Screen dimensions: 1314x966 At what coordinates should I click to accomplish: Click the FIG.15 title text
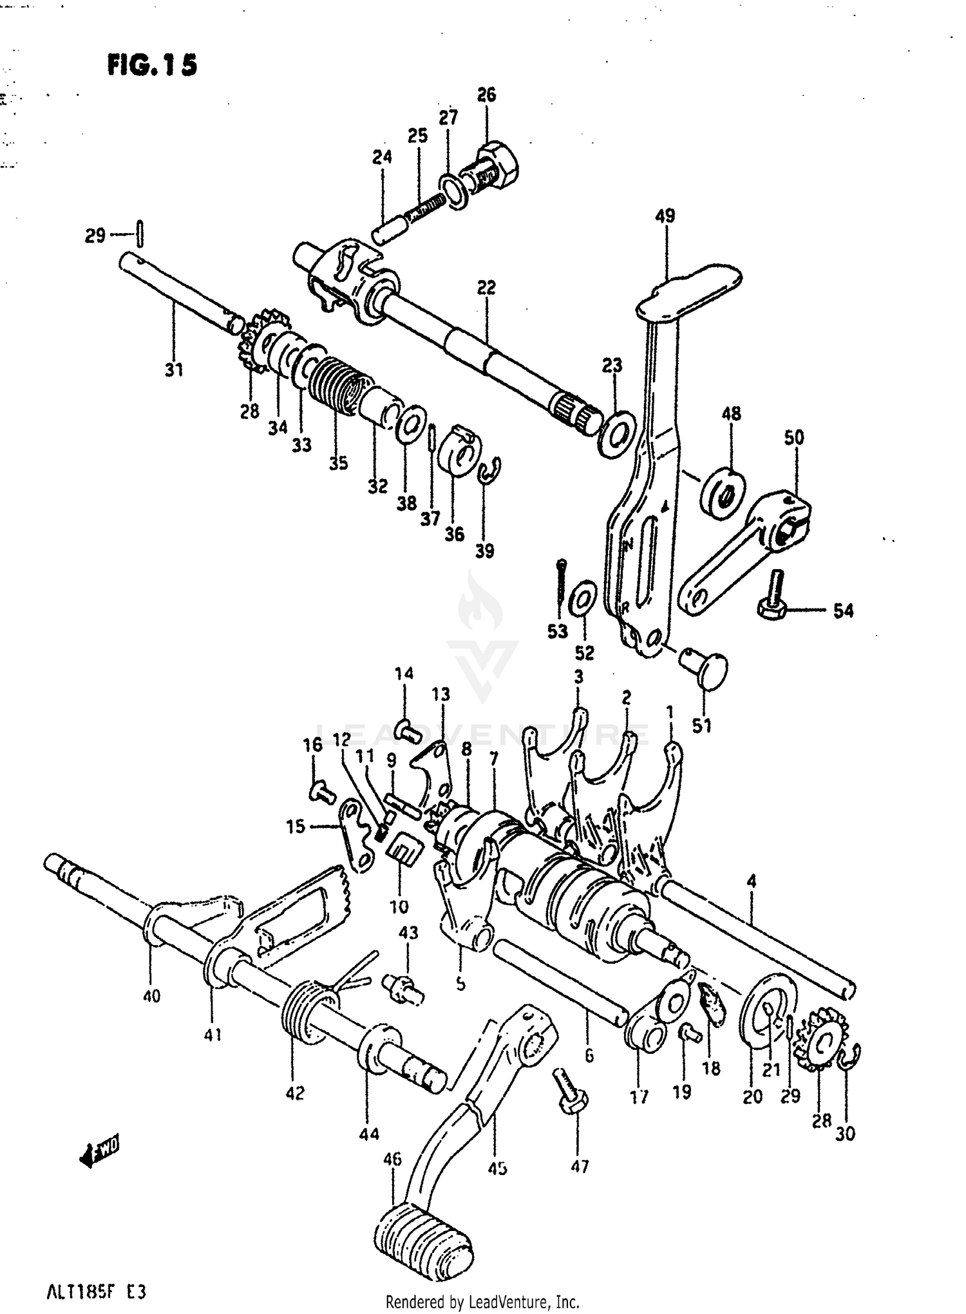tap(152, 66)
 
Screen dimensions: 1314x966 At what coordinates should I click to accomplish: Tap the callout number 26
tap(486, 95)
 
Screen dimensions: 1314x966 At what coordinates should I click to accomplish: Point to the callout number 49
tap(665, 216)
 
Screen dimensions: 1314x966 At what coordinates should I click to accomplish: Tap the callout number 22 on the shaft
tap(486, 287)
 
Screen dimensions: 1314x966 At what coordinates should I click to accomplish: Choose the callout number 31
tap(174, 370)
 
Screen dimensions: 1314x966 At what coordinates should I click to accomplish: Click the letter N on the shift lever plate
tap(629, 545)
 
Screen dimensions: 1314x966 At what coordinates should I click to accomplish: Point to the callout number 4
tap(752, 881)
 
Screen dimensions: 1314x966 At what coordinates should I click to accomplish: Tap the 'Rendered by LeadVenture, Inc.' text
tap(482, 1302)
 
